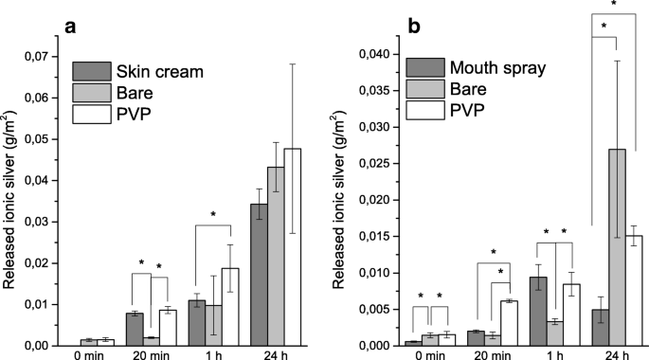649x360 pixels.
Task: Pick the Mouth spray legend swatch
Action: point(422,67)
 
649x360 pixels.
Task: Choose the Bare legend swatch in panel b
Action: point(422,88)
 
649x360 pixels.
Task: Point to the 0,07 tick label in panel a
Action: point(42,59)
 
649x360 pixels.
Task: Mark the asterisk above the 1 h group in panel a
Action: point(214,216)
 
